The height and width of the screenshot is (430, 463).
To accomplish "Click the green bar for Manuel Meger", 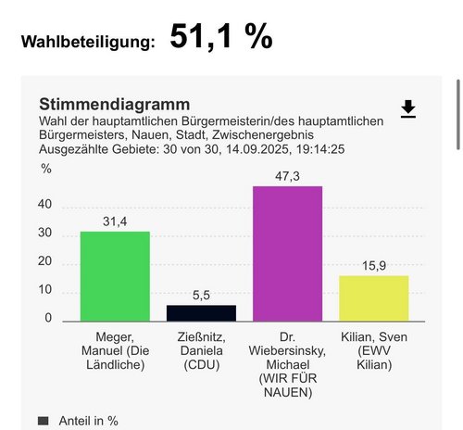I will point(115,276).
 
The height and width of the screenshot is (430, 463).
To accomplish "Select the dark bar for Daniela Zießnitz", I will point(201,313).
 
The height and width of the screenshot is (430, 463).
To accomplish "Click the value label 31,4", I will point(115,221).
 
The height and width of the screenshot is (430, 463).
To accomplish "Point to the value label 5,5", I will point(201,295).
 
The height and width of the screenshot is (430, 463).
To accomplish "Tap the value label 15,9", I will point(373,265).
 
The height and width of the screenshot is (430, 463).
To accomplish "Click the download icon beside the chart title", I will point(408,109).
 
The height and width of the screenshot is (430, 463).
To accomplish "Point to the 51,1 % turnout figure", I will point(221,36).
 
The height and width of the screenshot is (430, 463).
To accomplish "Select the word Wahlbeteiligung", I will point(88,42).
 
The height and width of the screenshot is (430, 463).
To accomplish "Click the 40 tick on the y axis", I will point(46,206).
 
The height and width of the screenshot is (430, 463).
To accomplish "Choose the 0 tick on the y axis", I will point(49,319).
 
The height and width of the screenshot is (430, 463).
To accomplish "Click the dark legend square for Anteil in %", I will point(44,421).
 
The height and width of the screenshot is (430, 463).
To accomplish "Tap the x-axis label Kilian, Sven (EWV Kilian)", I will point(373,352).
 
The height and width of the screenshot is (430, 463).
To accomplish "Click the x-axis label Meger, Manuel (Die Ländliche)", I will point(115,352).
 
